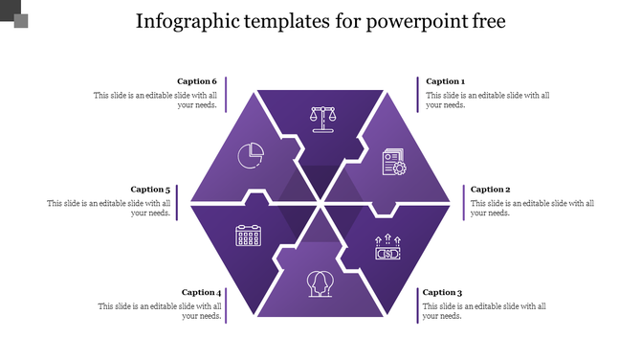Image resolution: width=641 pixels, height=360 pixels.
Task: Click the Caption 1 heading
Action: pos(445,82)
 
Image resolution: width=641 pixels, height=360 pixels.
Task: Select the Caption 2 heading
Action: pos(490,190)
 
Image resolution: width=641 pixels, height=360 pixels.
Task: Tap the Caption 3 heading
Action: pos(442,293)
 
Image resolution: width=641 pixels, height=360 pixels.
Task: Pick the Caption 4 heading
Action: pos(201,293)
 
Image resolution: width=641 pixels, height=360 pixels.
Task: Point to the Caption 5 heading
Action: pos(150,190)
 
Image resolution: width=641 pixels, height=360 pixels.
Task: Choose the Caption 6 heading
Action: pos(197,82)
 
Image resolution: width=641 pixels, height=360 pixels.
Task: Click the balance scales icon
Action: pos(322,119)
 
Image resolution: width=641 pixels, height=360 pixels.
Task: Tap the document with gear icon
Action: pos(393,160)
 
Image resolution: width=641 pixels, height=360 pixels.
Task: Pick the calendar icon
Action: pos(249,236)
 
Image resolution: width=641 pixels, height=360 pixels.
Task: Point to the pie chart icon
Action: pos(251,154)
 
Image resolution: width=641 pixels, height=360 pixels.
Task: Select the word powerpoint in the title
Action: pos(417,21)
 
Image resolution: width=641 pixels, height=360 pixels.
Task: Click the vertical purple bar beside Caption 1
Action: pos(417,94)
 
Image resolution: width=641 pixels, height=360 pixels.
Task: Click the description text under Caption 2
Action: pos(532,208)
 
